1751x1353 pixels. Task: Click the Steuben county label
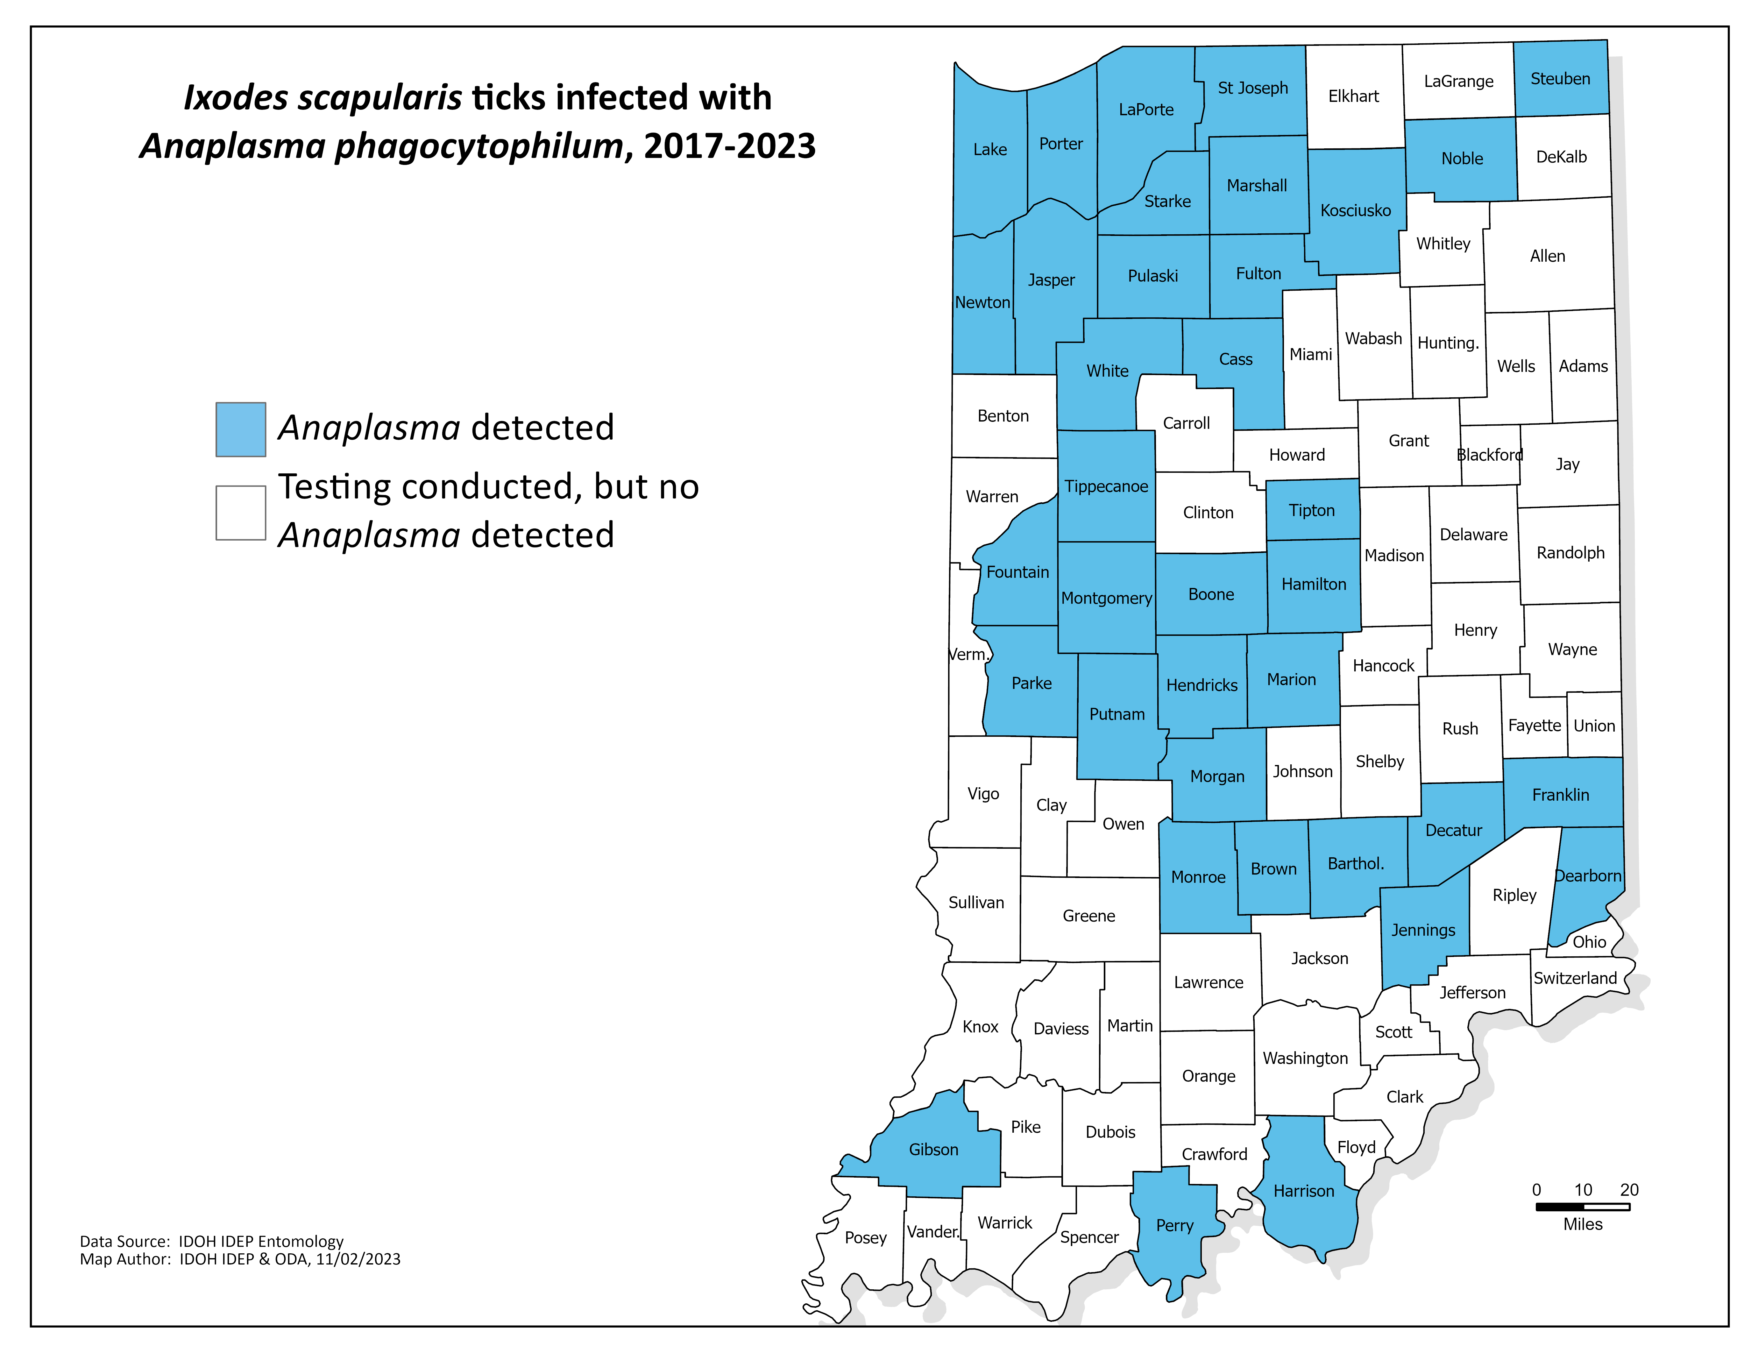pyautogui.click(x=1559, y=79)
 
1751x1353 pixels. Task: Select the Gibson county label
pyautogui.click(x=933, y=1149)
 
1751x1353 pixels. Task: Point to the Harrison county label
pyautogui.click(x=1304, y=1191)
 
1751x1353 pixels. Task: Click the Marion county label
pyautogui.click(x=1291, y=680)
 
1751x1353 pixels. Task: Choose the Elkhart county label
pyautogui.click(x=1353, y=96)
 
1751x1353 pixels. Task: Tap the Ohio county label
pyautogui.click(x=1589, y=942)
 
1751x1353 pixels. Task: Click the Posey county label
pyautogui.click(x=865, y=1237)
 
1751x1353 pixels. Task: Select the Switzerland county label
pyautogui.click(x=1575, y=978)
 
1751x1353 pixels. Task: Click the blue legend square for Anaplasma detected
pyautogui.click(x=240, y=430)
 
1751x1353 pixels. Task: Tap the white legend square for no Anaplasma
pyautogui.click(x=240, y=513)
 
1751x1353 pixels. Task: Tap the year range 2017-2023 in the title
pyautogui.click(x=730, y=146)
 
